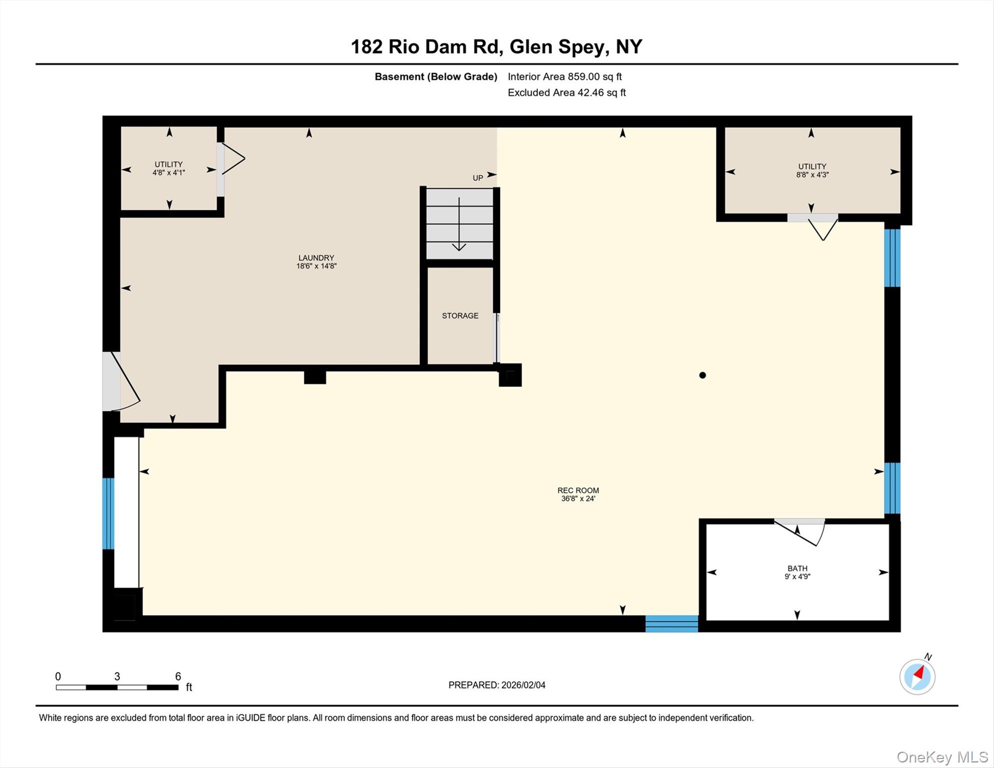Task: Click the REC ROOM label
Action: point(578,490)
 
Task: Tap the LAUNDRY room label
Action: point(316,258)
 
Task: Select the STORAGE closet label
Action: point(460,315)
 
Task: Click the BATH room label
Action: point(797,568)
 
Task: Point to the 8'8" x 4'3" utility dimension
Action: point(812,175)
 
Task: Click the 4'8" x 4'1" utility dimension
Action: point(168,173)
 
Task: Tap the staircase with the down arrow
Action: point(459,223)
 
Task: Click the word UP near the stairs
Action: point(478,178)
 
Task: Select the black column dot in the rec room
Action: point(702,375)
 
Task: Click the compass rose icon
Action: point(917,676)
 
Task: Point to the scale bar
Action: point(117,687)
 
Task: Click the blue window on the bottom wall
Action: point(671,623)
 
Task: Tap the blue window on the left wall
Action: point(108,513)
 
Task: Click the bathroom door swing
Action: point(799,533)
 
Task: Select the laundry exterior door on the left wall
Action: point(121,381)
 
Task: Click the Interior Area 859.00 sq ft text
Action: point(564,76)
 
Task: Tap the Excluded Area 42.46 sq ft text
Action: point(566,92)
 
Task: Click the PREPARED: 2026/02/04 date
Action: point(496,685)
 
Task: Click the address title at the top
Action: point(496,46)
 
